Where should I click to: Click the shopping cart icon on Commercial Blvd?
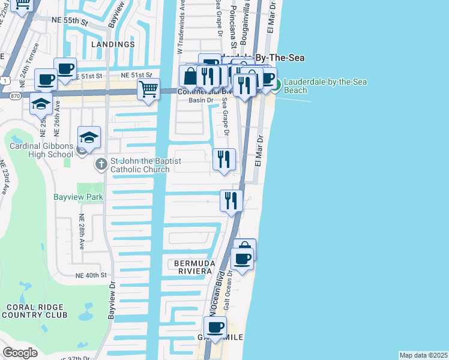(148, 90)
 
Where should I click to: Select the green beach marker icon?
(277, 85)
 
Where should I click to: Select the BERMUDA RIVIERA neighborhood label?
(193, 267)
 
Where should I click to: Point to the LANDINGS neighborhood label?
(113, 44)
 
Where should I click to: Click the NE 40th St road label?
(91, 275)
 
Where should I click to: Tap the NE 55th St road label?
(72, 21)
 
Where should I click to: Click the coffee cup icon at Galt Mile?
(215, 328)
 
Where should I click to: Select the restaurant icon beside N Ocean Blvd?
(231, 201)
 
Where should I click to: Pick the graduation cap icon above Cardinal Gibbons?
(89, 137)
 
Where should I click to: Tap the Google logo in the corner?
(20, 353)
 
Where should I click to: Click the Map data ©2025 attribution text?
(423, 355)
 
